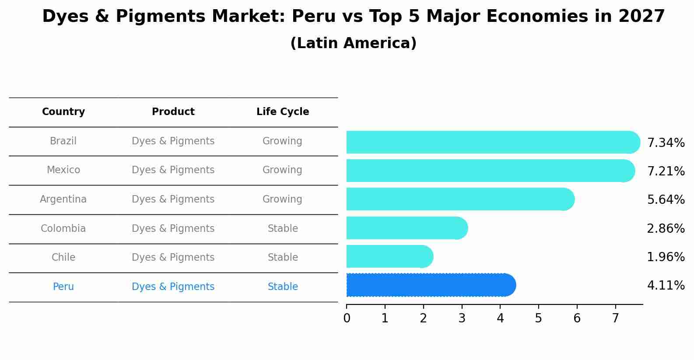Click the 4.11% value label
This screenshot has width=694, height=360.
click(666, 286)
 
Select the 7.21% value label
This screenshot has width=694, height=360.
click(666, 171)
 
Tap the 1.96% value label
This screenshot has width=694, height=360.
click(666, 257)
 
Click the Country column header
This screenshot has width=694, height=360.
click(63, 112)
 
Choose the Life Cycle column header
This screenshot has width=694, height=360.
click(283, 112)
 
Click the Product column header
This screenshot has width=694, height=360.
click(173, 112)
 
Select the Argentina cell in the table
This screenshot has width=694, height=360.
click(63, 199)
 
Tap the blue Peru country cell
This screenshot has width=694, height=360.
click(63, 287)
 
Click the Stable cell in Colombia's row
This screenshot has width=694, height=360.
click(283, 229)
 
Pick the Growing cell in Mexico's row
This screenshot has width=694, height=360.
click(282, 170)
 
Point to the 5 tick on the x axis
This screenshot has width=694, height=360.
click(539, 318)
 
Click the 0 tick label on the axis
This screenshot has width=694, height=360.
click(347, 318)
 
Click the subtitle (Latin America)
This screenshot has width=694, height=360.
click(353, 43)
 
